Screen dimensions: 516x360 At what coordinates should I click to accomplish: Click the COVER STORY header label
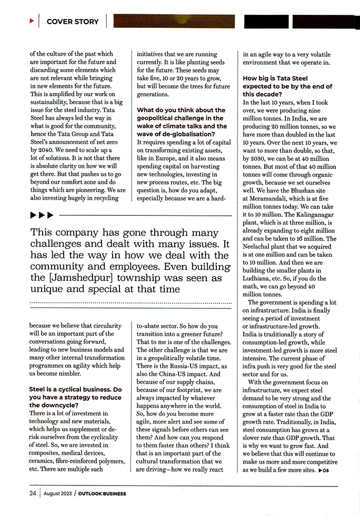73,22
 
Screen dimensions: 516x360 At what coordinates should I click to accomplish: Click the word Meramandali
273,198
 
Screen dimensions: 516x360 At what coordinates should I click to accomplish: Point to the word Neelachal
260,246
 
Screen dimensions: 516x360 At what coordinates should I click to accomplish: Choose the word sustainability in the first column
51,94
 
